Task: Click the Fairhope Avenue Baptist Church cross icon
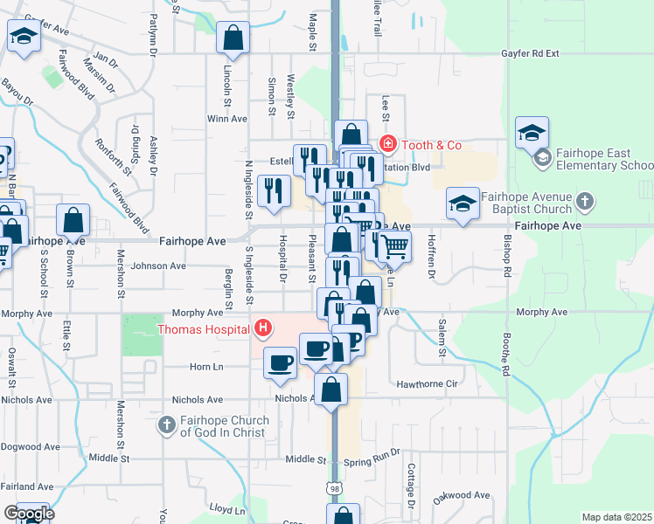click(x=586, y=203)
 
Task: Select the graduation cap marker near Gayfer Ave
click(x=24, y=37)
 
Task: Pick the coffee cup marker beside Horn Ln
click(x=280, y=362)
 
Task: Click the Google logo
click(x=29, y=514)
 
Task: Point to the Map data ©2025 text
click(x=616, y=517)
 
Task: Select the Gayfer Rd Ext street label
click(x=530, y=53)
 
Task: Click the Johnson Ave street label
click(x=158, y=265)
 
